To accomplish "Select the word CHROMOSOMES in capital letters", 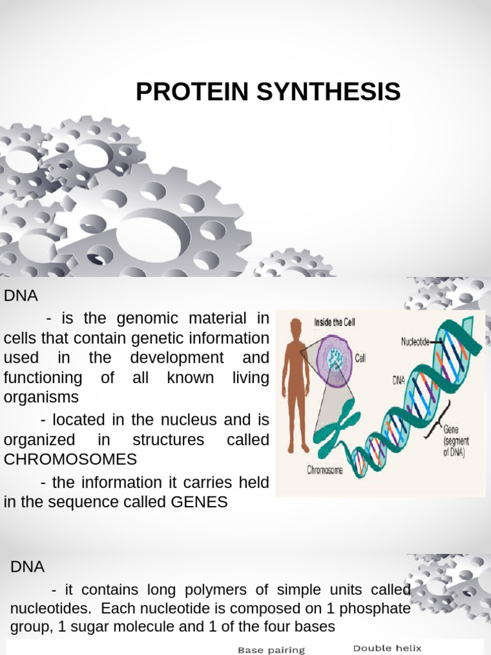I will tap(70, 459).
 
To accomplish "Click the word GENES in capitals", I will tap(199, 502).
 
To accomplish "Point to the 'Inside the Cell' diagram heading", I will tap(334, 322).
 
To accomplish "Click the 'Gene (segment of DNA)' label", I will tap(455, 442).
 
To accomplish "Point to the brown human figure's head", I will tap(295, 327).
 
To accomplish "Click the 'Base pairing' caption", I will tap(271, 650).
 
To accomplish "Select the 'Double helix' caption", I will tap(387, 648).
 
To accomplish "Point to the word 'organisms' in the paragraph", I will tap(41, 397).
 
